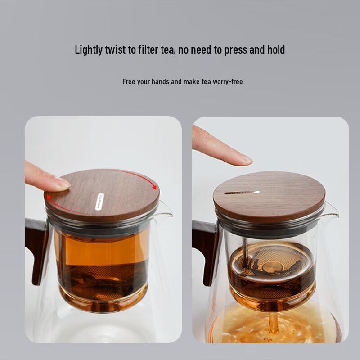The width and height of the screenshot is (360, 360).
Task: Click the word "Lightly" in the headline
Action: coord(89,50)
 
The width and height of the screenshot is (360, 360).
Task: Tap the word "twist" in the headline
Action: coord(116,49)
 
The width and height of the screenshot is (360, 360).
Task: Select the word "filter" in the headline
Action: coord(149,49)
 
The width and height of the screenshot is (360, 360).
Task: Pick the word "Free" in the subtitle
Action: coord(130,82)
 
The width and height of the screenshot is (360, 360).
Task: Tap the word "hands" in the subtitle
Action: coord(160,82)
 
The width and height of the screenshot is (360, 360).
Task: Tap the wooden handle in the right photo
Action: coord(205,252)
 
